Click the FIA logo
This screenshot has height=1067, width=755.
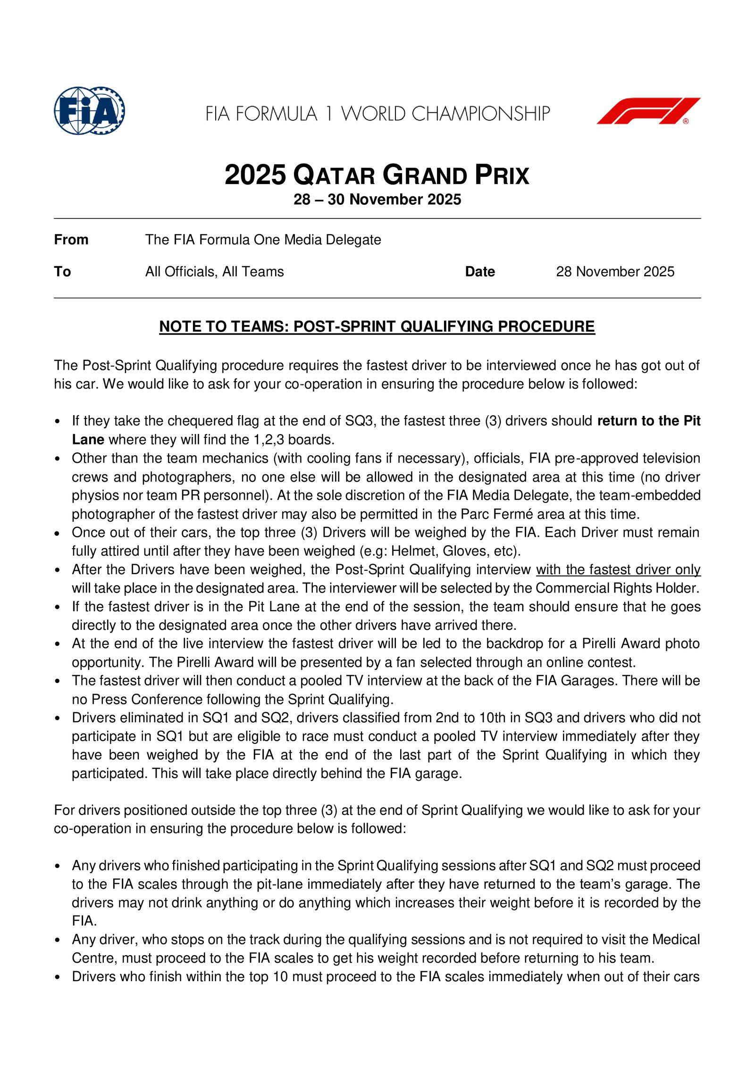89,111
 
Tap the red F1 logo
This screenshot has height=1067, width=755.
648,111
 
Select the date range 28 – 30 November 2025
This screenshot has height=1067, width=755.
377,200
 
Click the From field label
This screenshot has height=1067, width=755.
71,240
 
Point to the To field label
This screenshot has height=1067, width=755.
62,272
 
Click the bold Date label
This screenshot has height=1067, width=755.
479,272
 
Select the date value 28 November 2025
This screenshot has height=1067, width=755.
615,272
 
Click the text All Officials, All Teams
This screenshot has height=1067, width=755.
214,272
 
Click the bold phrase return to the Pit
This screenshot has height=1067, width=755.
648,421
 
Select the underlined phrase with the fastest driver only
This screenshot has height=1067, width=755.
618,570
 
